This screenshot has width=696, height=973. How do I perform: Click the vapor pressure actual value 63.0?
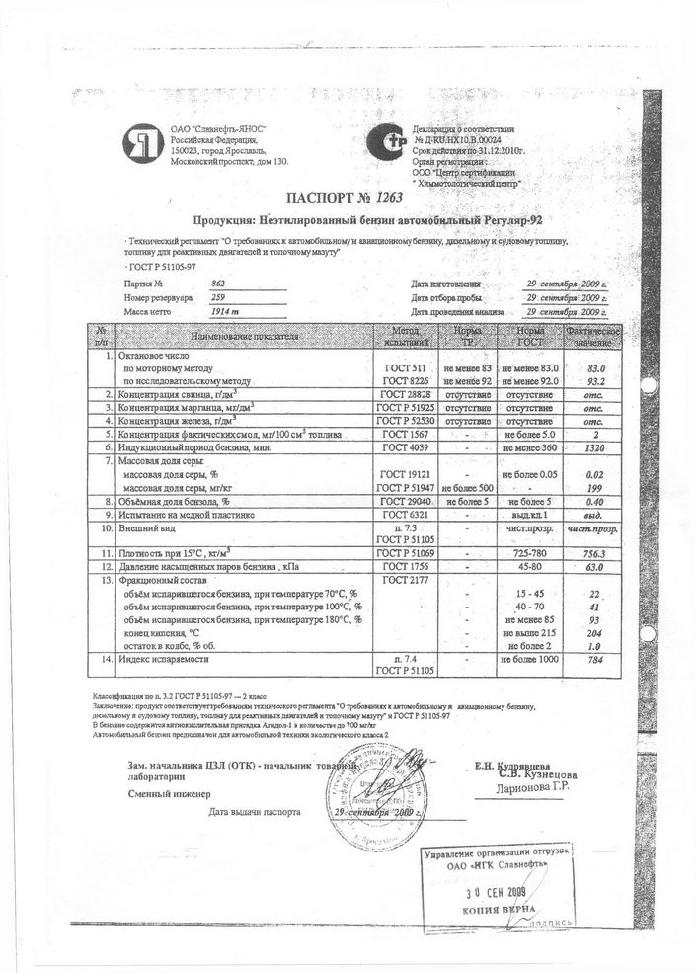(x=594, y=568)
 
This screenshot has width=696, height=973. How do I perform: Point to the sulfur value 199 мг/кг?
(x=594, y=487)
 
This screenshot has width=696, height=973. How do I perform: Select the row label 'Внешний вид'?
(x=148, y=528)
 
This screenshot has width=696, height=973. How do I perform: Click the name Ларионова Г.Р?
(x=534, y=787)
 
